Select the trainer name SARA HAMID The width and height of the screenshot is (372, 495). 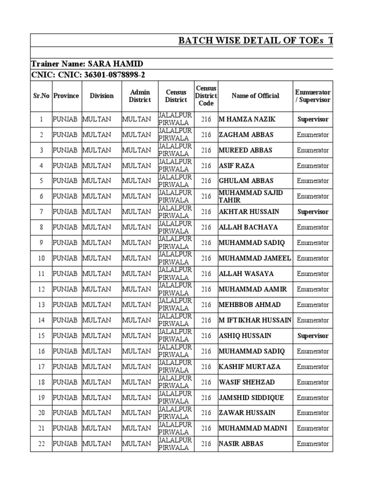point(87,64)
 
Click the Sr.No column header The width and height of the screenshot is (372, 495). point(41,96)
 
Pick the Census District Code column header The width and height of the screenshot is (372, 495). point(206,96)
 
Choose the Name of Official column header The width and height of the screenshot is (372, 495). point(255,96)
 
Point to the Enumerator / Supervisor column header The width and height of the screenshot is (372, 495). point(312,96)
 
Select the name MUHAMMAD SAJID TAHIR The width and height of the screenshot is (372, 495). point(250,196)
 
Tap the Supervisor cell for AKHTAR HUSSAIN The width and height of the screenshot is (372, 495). point(312,212)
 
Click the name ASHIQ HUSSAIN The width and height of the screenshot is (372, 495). point(245,335)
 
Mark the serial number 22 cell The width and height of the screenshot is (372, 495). point(41,444)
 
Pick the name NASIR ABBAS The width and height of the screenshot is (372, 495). point(241,444)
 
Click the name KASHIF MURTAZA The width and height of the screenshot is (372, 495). point(247,366)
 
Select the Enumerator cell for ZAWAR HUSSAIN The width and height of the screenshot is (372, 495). point(312,413)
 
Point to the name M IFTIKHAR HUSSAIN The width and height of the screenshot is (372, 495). point(255,320)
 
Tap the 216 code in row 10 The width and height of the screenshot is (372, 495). point(206,258)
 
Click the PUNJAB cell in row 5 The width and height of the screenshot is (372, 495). point(65,181)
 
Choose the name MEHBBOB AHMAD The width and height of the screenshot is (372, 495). point(249,305)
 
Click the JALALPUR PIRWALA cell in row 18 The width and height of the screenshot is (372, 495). point(176,382)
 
